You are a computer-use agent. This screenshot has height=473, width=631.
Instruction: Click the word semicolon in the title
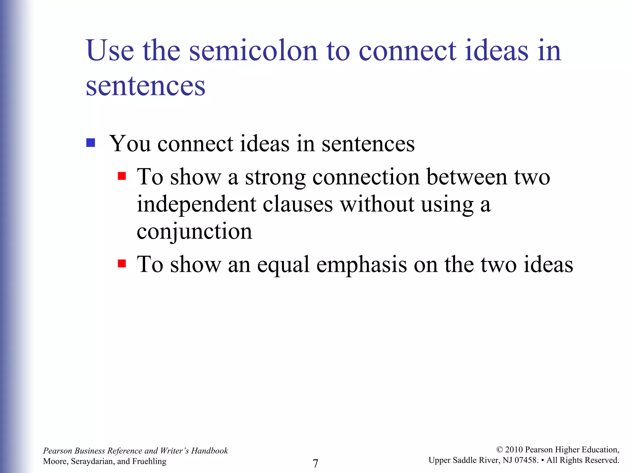click(253, 51)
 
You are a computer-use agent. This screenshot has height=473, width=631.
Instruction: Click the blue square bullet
click(91, 143)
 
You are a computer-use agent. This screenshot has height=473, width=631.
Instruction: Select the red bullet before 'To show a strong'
click(122, 176)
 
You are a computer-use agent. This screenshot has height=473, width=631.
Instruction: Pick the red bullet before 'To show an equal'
click(122, 264)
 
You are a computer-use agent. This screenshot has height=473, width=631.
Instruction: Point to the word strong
click(275, 178)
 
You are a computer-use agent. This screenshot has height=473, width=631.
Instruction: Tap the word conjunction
click(194, 232)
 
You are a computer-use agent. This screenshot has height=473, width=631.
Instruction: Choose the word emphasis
click(361, 265)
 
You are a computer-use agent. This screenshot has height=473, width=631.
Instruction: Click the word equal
click(283, 265)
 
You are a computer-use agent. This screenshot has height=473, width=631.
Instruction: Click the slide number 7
click(315, 463)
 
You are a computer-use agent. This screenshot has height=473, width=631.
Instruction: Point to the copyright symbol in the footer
click(499, 450)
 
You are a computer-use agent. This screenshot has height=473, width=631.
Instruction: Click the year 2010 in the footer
click(514, 450)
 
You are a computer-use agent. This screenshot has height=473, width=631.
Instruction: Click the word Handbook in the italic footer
click(210, 451)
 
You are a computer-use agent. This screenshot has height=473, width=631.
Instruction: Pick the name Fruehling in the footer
click(149, 461)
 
